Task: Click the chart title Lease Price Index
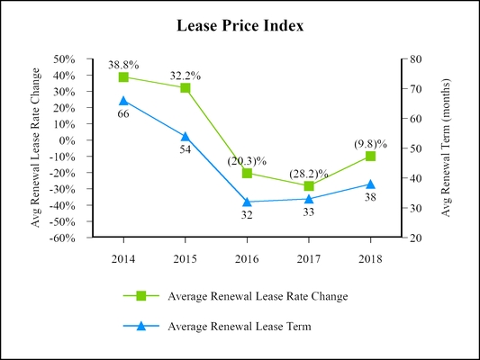point(240,26)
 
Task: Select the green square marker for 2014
point(123,77)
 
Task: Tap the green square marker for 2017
point(309,186)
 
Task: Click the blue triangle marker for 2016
point(247,202)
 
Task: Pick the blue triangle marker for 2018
point(370,184)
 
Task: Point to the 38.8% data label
point(123,65)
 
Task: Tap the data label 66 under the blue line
point(123,114)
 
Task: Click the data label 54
point(185,149)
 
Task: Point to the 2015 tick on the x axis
point(185,258)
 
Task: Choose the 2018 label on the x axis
point(370,258)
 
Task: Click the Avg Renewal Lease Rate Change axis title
point(36,148)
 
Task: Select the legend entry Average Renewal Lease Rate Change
point(258,296)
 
